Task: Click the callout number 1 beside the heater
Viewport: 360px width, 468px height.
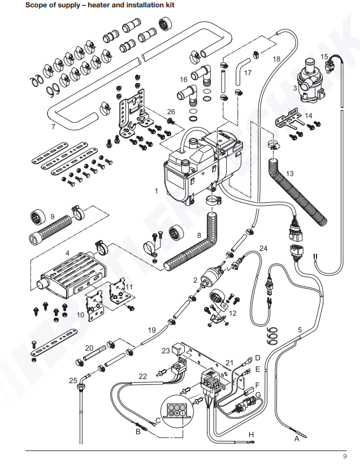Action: click(x=157, y=191)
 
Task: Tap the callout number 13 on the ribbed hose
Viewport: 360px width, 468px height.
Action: click(x=289, y=173)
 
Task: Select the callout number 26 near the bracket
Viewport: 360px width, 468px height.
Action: click(x=171, y=111)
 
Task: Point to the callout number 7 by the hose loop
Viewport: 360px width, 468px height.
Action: click(x=53, y=127)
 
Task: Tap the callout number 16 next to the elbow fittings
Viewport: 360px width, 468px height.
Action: click(x=183, y=79)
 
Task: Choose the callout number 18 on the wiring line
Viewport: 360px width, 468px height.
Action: click(x=276, y=59)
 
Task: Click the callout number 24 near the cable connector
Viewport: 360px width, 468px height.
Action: click(x=263, y=248)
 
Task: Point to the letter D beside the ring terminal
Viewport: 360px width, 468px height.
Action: click(x=257, y=358)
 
